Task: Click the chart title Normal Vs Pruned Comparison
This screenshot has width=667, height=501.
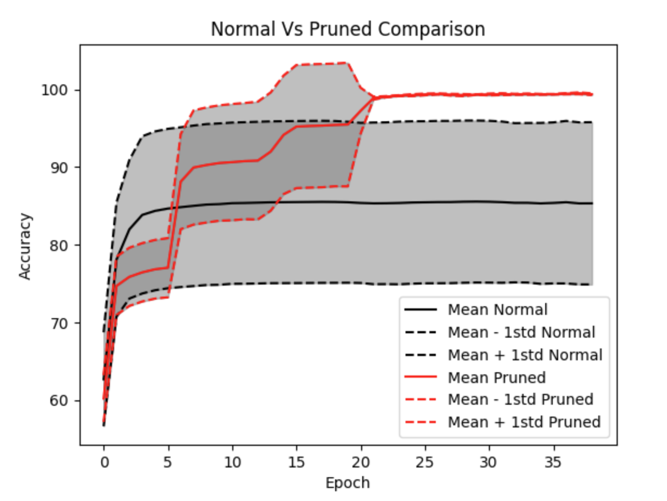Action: click(348, 29)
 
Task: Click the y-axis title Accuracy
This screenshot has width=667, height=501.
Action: click(25, 246)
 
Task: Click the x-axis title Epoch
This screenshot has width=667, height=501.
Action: click(348, 483)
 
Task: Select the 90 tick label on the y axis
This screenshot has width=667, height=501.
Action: click(61, 168)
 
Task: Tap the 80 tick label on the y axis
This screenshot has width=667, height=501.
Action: click(61, 246)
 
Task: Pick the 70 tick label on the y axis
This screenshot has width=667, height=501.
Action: click(61, 324)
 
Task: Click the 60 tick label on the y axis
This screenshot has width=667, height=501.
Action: click(61, 401)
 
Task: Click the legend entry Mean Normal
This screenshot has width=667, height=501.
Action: click(497, 309)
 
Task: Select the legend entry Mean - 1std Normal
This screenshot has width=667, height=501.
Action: click(521, 332)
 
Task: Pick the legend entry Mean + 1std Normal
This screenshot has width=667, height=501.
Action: click(525, 355)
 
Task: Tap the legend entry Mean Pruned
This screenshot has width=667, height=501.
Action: click(496, 377)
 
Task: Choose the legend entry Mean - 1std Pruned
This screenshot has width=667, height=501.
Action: click(520, 400)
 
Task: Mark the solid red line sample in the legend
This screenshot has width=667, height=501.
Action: click(421, 377)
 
